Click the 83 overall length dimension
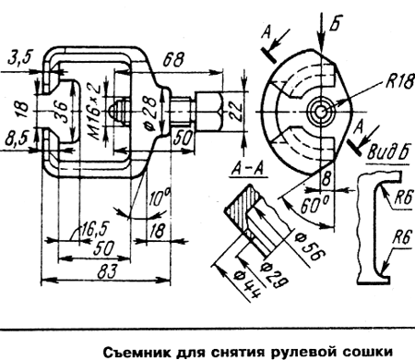tap(107, 271)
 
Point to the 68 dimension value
tap(173, 60)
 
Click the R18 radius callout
tap(400, 81)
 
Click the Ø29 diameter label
tap(274, 274)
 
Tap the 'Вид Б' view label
tap(388, 151)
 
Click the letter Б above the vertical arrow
tap(335, 22)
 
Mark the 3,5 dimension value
tap(20, 58)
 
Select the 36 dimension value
tap(63, 112)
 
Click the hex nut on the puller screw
tap(207, 112)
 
